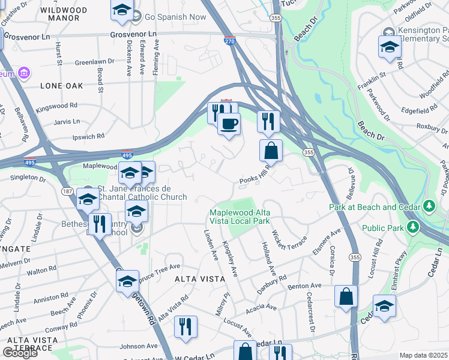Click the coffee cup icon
point(228,124)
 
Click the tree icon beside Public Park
point(412,227)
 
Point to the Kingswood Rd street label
point(57,107)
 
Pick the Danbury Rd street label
point(273,281)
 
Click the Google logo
point(20,353)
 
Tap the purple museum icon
point(24,74)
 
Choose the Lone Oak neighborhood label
point(61,86)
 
